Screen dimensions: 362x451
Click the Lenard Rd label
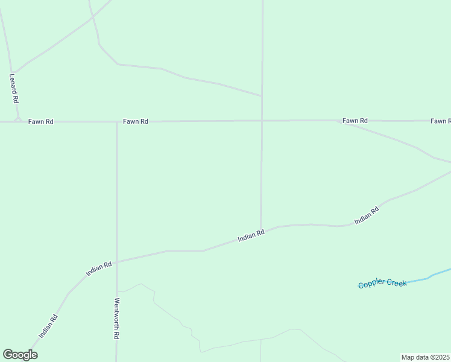point(14,88)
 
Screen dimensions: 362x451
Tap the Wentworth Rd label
point(117,319)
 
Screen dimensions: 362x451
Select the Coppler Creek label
point(382,284)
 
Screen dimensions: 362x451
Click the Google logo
point(20,355)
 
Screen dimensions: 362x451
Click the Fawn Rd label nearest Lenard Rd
point(41,122)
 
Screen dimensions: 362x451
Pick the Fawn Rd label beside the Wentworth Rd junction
point(136,121)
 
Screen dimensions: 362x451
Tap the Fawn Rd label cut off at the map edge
point(441,121)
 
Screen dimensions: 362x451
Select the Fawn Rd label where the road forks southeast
point(355,121)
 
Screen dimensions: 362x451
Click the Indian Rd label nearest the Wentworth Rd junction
point(99,268)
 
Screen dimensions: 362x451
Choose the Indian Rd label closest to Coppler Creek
point(367,215)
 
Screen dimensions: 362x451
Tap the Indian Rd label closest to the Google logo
point(48,326)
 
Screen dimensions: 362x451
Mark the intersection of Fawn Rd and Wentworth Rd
point(117,122)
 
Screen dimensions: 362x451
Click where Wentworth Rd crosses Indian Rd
point(117,262)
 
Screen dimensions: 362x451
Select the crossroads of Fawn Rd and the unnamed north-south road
point(262,121)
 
